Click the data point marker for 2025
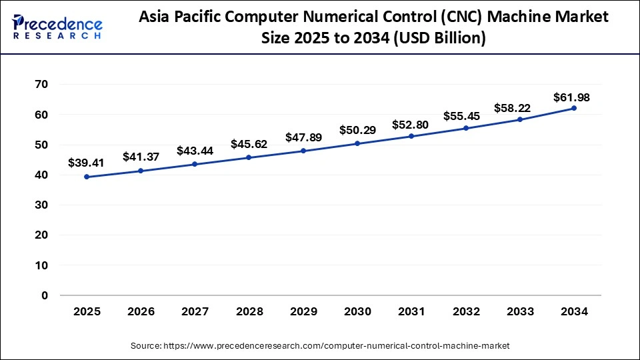[x=87, y=177]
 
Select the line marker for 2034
[x=573, y=108]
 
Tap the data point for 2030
[x=357, y=143]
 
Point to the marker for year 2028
[x=249, y=157]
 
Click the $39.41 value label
[x=87, y=163]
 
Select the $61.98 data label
[x=571, y=97]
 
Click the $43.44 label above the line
[x=195, y=151]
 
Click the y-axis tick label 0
[x=45, y=295]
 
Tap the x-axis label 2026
[x=141, y=311]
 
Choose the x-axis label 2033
[x=519, y=311]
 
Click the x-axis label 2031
[x=411, y=311]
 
